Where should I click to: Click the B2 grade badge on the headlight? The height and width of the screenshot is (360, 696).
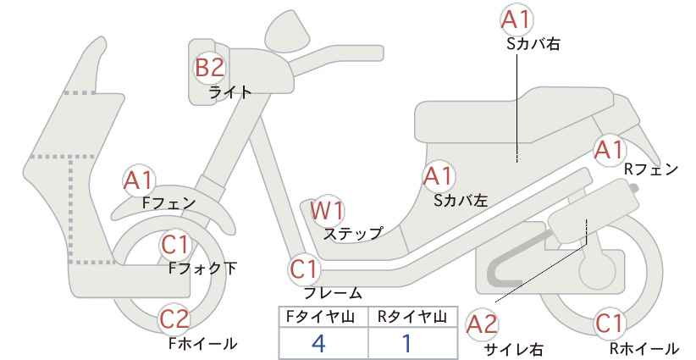pos(209,68)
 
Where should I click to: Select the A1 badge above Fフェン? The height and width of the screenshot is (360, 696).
pos(139,180)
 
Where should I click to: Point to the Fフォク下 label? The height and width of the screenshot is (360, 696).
pos(203,269)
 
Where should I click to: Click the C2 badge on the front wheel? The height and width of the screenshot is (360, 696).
pos(174,319)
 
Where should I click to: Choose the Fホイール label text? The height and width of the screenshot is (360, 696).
pos(203,343)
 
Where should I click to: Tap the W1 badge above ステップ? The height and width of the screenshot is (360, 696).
pos(327,210)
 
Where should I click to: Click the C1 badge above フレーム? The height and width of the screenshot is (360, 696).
pos(305,269)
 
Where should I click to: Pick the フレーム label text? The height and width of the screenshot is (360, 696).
pos(333,292)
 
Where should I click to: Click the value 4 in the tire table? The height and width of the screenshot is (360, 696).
pos(318,343)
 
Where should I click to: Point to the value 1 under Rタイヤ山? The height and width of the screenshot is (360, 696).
pos(406,343)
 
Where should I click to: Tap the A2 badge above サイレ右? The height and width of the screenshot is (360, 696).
pos(482,324)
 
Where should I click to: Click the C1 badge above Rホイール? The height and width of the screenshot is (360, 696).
pos(610,324)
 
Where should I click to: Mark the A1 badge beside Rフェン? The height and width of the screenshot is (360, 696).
pos(610,150)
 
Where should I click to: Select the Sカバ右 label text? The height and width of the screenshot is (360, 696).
pos(533,43)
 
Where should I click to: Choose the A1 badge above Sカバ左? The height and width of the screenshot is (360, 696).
pos(438,176)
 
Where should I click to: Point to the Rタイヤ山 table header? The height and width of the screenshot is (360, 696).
pos(412,317)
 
